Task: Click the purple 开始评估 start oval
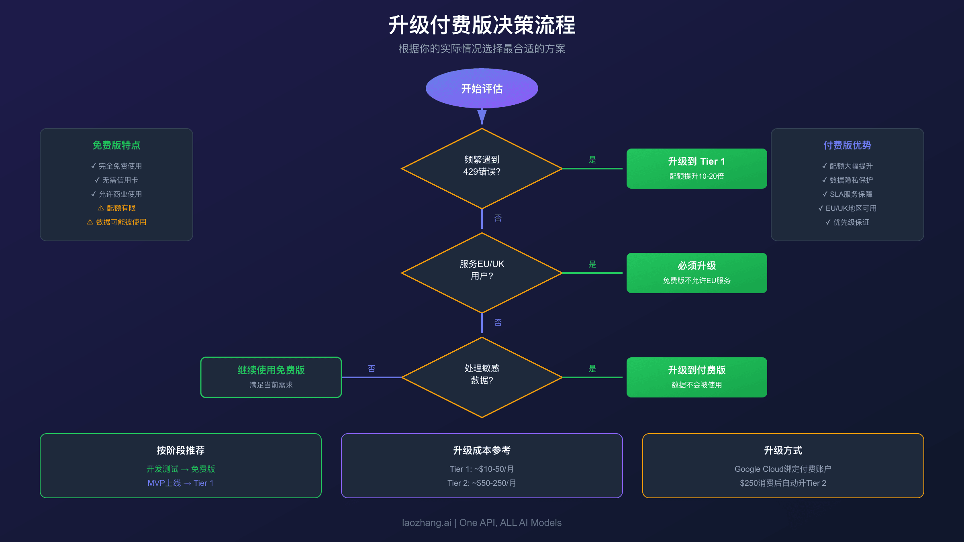coord(482,88)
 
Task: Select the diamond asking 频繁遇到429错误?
coord(482,169)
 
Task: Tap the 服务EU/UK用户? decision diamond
coord(482,273)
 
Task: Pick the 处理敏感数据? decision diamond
coord(482,377)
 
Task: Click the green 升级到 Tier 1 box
coord(696,169)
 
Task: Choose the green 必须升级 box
coord(696,273)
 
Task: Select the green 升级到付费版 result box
coord(696,377)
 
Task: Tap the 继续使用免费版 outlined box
coord(271,377)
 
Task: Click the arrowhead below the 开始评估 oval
coord(482,116)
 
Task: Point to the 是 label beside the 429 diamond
coord(592,160)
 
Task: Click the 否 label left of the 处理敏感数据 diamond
coord(372,369)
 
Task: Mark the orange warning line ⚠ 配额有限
coord(116,208)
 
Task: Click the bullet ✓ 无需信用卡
coord(116,180)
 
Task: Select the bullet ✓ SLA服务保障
coord(848,194)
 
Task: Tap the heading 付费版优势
coord(848,145)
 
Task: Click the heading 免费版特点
coord(116,145)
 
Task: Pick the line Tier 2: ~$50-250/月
coord(482,483)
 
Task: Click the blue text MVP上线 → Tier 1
coord(180,483)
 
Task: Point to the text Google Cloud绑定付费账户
coord(783,469)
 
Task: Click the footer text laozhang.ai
coord(427,523)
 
